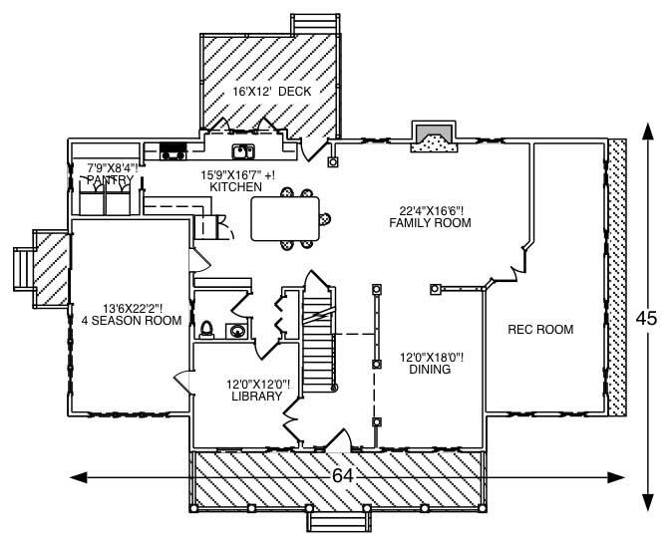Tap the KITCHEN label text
[x=236, y=187]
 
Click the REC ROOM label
[x=540, y=330]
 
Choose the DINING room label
[x=430, y=370]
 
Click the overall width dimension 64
[x=343, y=477]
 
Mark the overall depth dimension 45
[x=647, y=318]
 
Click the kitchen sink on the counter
[x=242, y=152]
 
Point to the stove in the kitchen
[x=174, y=152]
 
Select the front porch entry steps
[x=336, y=522]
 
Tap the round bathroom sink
[x=238, y=331]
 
